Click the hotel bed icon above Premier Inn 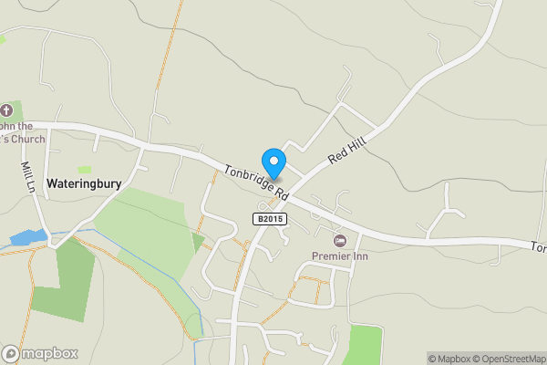(x=340, y=240)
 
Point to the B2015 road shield (x=270, y=219)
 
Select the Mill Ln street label (x=28, y=177)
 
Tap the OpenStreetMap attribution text (x=510, y=359)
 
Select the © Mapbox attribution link (x=449, y=359)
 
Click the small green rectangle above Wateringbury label (x=85, y=169)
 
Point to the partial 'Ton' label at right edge (x=539, y=247)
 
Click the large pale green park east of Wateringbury (x=146, y=224)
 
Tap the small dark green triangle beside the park (x=198, y=242)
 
